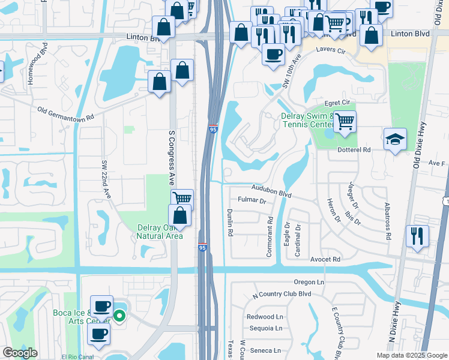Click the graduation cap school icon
pos(395,140)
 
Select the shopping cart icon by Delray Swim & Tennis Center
pos(345,122)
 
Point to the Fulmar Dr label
pos(252,201)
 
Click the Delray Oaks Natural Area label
pos(159,232)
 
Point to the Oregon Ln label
pos(309,282)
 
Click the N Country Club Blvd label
pos(282,295)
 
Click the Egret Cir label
pos(337,103)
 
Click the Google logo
pos(20,353)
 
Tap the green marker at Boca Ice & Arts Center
pos(119,315)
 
